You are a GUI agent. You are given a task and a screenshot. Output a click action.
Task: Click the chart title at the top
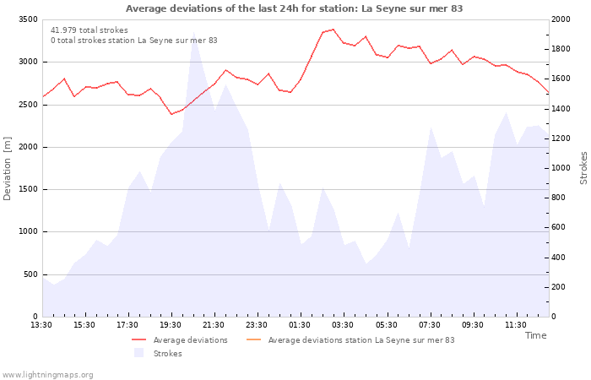click(294, 8)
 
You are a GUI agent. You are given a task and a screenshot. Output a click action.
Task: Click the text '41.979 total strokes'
click(89, 30)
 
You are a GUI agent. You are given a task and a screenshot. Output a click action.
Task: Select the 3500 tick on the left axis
click(28, 19)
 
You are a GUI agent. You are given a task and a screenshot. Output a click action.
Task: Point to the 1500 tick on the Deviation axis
click(28, 189)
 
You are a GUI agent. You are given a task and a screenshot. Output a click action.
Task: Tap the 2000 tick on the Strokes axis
click(561, 19)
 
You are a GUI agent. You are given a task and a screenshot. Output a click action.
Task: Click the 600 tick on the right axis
click(558, 227)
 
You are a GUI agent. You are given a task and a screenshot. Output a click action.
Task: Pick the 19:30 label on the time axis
click(171, 325)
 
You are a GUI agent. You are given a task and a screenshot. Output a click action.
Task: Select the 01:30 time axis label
click(300, 325)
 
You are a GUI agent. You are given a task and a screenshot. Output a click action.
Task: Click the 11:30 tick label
click(516, 325)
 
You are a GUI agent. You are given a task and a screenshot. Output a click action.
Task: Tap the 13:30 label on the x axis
click(41, 325)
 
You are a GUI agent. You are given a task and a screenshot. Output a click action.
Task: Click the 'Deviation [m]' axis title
click(7, 169)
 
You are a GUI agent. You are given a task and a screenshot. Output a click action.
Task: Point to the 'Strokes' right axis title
click(583, 168)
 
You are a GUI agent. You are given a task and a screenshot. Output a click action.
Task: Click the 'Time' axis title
click(536, 335)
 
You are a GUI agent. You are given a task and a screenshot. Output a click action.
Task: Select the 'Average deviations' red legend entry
click(180, 340)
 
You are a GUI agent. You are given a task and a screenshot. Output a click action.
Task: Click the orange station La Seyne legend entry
click(350, 340)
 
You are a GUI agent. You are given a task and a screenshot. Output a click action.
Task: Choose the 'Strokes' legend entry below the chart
click(159, 353)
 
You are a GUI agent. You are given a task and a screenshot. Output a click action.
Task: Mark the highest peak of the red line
click(333, 30)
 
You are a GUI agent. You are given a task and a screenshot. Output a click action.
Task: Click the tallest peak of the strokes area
click(193, 33)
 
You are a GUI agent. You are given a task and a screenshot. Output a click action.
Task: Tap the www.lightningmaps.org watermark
click(47, 375)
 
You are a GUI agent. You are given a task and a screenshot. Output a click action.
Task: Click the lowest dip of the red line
click(172, 114)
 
